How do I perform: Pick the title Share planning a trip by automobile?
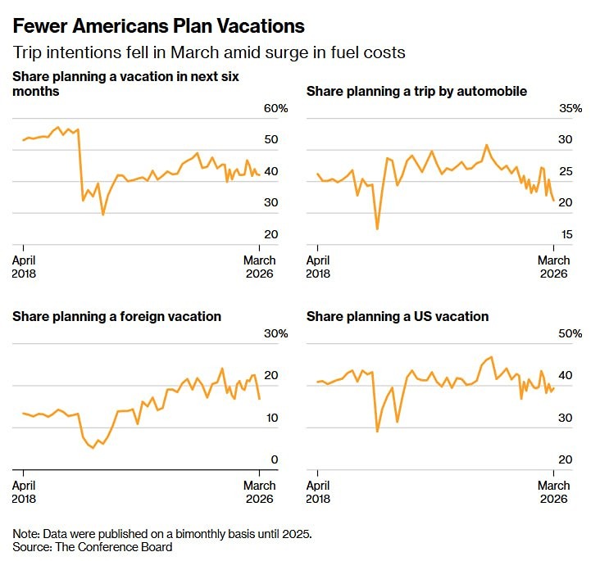pyautogui.click(x=416, y=91)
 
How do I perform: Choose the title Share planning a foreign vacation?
pyautogui.click(x=116, y=316)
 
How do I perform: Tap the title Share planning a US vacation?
pyautogui.click(x=398, y=316)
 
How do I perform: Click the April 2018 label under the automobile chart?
pyautogui.click(x=318, y=267)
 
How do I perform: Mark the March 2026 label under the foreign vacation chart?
pyautogui.click(x=260, y=492)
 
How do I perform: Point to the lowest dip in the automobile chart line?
pyautogui.click(x=377, y=228)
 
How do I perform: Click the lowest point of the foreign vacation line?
pyautogui.click(x=92, y=448)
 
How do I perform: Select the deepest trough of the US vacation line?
pyautogui.click(x=377, y=431)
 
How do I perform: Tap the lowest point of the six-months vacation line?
pyautogui.click(x=102, y=215)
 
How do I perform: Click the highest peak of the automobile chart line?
pyautogui.click(x=486, y=145)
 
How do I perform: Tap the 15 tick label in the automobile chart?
pyautogui.click(x=565, y=235)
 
